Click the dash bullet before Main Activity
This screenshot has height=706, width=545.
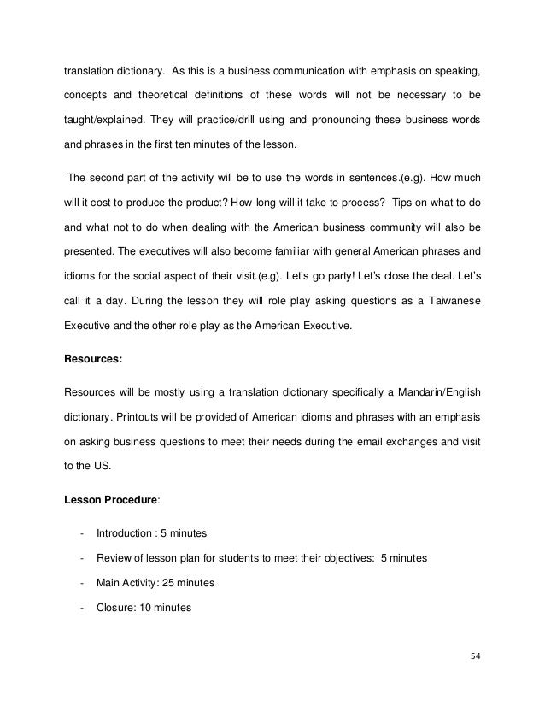pos(80,583)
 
